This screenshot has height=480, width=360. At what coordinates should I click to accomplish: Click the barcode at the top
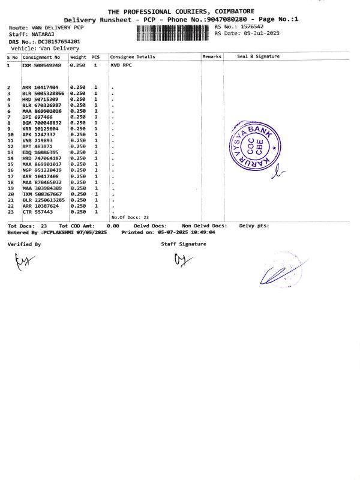[174, 34]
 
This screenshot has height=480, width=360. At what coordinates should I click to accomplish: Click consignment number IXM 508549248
[41, 65]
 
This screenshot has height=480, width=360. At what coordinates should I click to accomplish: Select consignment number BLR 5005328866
[43, 94]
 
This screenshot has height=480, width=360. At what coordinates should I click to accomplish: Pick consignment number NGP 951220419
[41, 170]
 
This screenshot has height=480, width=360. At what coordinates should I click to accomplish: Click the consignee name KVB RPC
[122, 65]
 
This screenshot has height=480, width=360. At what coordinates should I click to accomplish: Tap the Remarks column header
[212, 57]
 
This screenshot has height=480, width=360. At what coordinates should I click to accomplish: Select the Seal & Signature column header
[258, 57]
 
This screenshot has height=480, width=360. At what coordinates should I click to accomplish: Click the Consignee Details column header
[133, 57]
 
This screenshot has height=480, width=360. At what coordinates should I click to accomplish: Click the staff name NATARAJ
[43, 35]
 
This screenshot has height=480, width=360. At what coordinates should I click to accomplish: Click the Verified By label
[24, 244]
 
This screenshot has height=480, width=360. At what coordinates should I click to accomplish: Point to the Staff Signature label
[183, 244]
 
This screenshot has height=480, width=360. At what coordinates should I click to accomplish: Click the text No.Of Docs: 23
[130, 217]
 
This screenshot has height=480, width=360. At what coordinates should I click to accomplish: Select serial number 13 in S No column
[10, 152]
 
